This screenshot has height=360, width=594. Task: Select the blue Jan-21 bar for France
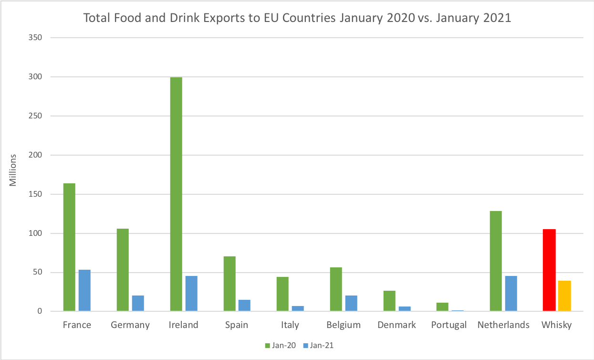(x=84, y=291)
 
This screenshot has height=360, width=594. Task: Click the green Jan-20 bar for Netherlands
(x=496, y=261)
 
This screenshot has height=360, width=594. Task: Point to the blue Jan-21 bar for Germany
(x=138, y=304)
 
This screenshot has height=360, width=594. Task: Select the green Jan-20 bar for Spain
(x=229, y=284)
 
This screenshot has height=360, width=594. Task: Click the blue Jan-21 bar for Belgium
(x=352, y=304)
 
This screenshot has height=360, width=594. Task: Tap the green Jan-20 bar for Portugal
(x=442, y=307)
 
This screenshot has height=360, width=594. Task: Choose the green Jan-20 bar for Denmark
(x=389, y=301)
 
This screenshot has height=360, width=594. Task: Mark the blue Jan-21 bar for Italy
(x=298, y=308)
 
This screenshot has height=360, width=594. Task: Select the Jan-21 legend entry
(x=318, y=345)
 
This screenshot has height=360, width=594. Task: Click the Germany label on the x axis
(x=130, y=325)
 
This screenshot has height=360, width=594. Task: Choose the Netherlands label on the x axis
(x=503, y=325)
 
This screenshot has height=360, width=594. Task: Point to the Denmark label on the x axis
(x=396, y=325)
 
